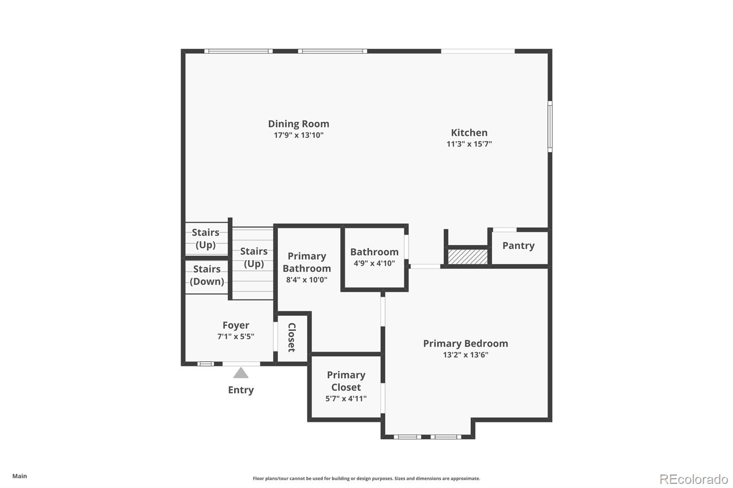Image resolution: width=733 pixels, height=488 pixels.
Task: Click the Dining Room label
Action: pos(298,124)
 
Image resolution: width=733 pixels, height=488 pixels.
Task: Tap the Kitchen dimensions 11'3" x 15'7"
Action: pos(469,144)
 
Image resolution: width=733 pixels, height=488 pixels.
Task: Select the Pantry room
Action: pos(519,246)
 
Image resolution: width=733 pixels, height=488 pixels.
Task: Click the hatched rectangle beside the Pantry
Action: pos(467,256)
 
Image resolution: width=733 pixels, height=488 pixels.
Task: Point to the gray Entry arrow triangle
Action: pos(241,373)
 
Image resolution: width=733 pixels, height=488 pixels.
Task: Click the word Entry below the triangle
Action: pos(241,390)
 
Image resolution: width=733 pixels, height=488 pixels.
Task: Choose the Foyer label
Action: pos(235,325)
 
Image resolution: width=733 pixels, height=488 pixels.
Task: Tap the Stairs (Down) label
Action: pos(207,275)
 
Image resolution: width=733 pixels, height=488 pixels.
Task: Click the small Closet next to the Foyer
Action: pos(292,337)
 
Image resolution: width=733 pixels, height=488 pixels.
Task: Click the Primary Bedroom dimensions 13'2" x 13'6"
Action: pos(465,355)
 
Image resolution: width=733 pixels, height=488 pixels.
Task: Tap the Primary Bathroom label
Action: pos(306,262)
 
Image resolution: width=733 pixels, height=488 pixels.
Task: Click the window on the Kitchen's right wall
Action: pos(550,126)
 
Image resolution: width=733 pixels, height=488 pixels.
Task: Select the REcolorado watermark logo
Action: pos(693,479)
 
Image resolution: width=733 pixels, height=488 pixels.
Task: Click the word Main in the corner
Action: pos(20,476)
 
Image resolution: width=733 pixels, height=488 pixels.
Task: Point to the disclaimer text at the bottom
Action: pos(366,478)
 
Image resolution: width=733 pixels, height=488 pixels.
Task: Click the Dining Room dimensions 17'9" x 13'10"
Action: pos(298,135)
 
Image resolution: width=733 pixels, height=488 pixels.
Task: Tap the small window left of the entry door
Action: pos(206,364)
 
